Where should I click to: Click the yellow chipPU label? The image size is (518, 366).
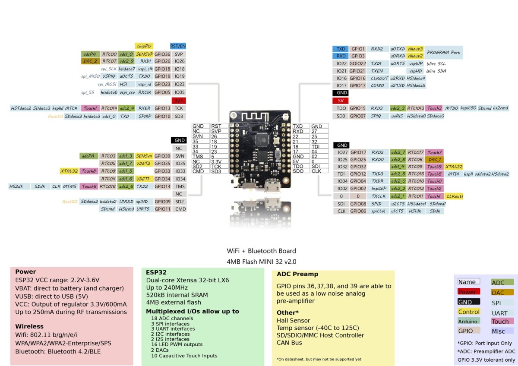(145, 46)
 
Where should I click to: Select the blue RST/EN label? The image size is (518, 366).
(178, 46)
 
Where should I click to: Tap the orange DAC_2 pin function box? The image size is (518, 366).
(91, 61)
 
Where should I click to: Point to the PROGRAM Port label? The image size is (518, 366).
(443, 52)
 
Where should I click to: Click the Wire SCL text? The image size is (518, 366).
(436, 63)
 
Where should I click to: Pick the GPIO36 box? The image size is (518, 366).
(162, 54)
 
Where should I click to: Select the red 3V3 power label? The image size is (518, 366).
(178, 100)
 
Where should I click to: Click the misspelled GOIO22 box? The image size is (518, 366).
(357, 63)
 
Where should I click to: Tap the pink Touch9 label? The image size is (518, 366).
(434, 167)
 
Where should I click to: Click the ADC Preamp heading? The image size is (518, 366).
(297, 274)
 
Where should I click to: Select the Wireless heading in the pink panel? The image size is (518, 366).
(29, 326)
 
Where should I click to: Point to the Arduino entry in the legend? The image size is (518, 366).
(468, 321)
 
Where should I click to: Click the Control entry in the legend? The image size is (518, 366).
(469, 312)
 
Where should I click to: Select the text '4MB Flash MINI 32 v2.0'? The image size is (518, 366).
(261, 262)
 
